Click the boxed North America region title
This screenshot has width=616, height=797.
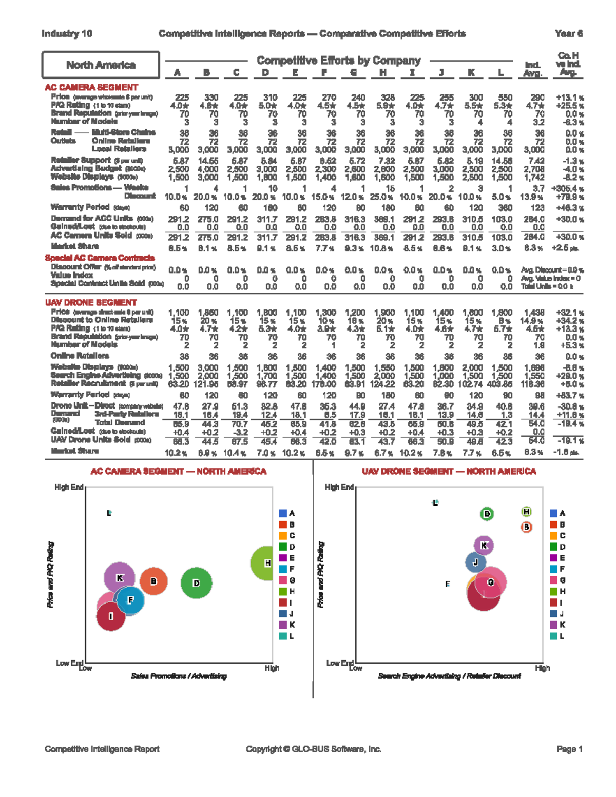pyautogui.click(x=101, y=65)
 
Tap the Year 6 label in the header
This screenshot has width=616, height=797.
pyautogui.click(x=568, y=34)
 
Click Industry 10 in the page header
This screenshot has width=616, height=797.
pyautogui.click(x=67, y=34)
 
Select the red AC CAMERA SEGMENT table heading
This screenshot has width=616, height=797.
pyautogui.click(x=91, y=87)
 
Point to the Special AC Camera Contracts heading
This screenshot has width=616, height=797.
pyautogui.click(x=100, y=258)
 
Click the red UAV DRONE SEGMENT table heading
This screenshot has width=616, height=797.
pyautogui.click(x=91, y=302)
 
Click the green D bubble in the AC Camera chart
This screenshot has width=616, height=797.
pyautogui.click(x=196, y=583)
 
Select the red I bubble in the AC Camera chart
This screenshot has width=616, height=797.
pyautogui.click(x=111, y=616)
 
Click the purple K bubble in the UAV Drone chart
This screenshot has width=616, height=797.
pyautogui.click(x=484, y=546)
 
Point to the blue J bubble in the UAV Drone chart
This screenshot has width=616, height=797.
pyautogui.click(x=475, y=562)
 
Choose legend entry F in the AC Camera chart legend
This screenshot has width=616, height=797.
pyautogui.click(x=286, y=569)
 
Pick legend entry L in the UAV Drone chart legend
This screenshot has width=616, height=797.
pyautogui.click(x=557, y=636)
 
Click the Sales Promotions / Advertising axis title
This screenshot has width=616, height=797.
pyautogui.click(x=179, y=676)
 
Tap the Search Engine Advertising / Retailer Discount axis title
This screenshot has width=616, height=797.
pyautogui.click(x=449, y=676)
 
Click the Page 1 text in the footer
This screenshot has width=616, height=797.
pyautogui.click(x=569, y=749)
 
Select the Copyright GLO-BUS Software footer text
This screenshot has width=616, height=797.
pyautogui.click(x=313, y=749)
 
